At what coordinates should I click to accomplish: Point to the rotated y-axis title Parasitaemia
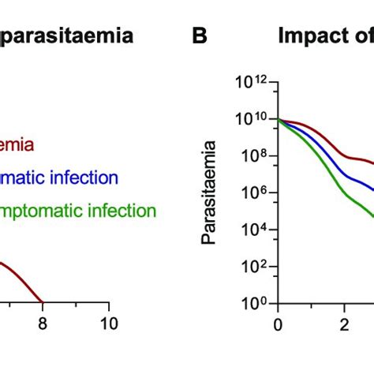pos(210,181)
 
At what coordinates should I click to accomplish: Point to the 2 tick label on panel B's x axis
pos(344,323)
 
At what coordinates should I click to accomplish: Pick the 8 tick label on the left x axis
pos(43,323)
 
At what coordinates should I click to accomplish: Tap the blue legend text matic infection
pos(59,178)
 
